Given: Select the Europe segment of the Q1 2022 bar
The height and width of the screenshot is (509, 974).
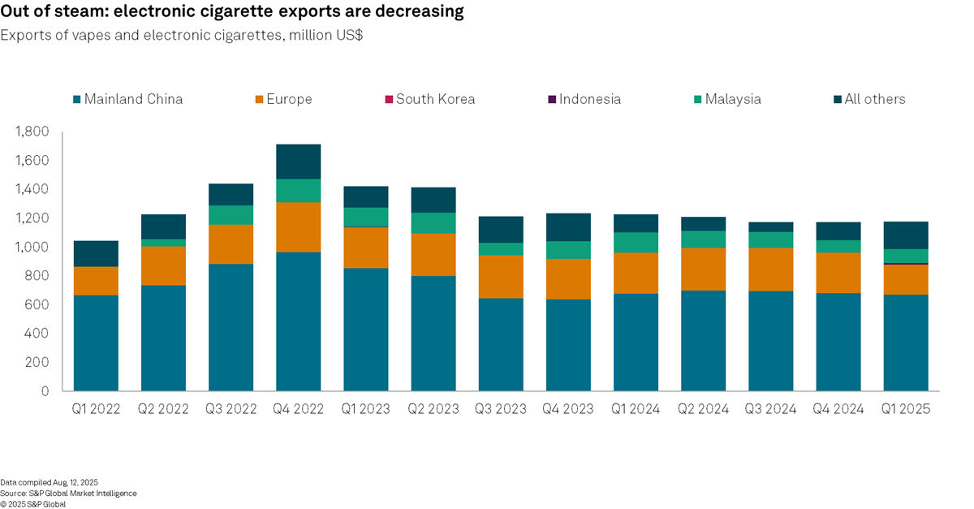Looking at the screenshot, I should coord(95,281).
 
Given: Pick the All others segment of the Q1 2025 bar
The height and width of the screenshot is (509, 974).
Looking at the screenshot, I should coord(905,235).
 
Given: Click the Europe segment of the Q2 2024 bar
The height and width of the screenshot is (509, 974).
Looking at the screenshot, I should coord(703,269).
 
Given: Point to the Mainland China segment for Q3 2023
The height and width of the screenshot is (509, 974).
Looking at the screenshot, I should coord(500,344).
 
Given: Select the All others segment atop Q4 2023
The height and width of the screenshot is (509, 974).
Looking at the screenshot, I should coord(567,227).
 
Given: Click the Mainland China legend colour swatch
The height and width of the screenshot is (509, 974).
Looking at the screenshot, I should coord(77,99).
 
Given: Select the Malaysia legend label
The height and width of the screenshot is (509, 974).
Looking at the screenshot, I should coord(732,99).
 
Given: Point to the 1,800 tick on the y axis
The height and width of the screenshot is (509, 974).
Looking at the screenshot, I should coord(32,132).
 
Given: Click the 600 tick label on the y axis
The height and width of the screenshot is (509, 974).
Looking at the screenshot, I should coord(38,304).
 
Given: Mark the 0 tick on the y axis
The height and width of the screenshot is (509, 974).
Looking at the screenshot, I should coord(45,391).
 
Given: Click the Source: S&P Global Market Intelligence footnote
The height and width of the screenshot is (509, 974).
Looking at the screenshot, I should coord(68,493).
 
